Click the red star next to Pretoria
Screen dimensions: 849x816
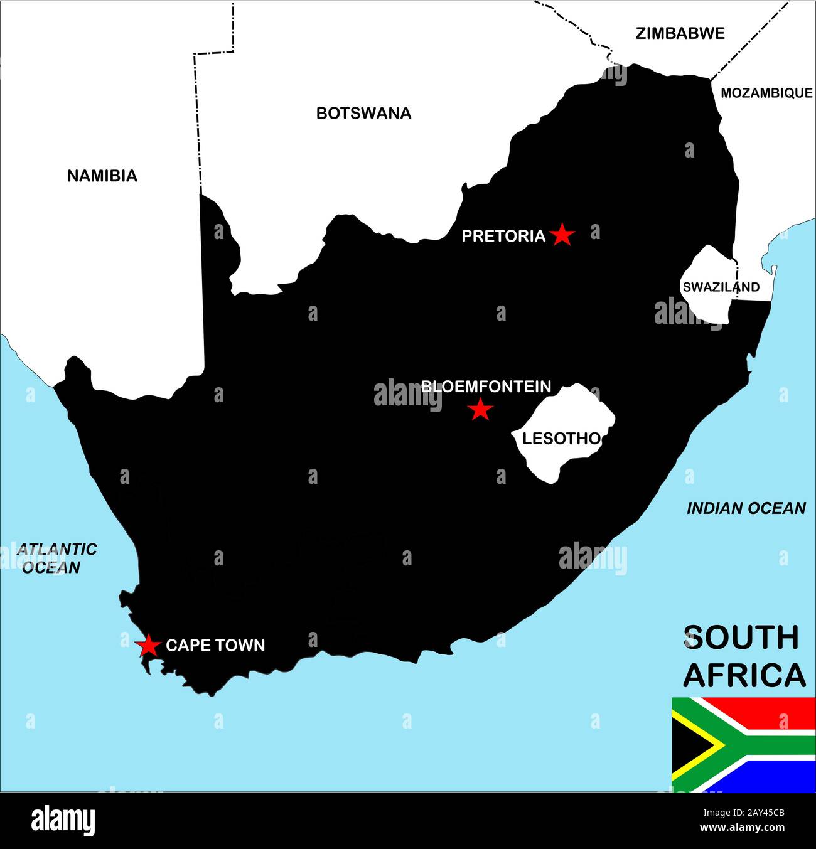(562, 235)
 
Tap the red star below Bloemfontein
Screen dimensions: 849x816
(480, 410)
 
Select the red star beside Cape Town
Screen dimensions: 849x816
(148, 645)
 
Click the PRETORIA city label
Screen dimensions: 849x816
(503, 236)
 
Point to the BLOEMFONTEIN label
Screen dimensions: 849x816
(486, 387)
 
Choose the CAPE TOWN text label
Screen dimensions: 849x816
(215, 646)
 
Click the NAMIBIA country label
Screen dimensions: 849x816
(102, 176)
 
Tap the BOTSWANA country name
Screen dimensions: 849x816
(363, 113)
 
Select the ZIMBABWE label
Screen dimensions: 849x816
(680, 33)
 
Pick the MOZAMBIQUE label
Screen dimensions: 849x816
(766, 93)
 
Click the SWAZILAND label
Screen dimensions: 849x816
(721, 287)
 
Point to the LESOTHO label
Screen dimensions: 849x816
(561, 439)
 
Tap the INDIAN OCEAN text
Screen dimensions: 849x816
(746, 508)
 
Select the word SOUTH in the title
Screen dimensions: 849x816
(741, 638)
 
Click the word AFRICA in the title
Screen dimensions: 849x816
(744, 675)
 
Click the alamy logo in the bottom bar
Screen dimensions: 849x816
(63, 820)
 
